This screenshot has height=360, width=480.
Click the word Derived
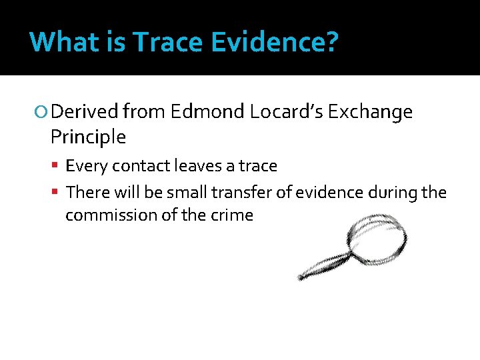[x=84, y=112]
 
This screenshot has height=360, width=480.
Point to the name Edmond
[x=207, y=112]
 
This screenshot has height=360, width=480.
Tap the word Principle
[x=87, y=137]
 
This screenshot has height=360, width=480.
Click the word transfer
[x=237, y=192]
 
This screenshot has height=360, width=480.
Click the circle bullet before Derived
[x=43, y=112]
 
